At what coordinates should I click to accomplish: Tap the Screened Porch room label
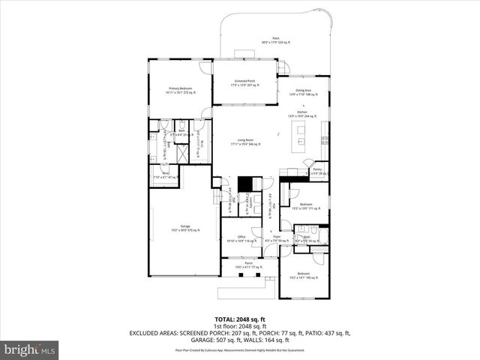coord(246,82)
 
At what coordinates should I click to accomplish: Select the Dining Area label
coord(303,91)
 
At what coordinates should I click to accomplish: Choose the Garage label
coord(184,227)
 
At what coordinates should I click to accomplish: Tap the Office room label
coord(242,238)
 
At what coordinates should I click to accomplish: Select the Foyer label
coord(277,238)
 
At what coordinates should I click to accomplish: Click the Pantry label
coord(317,171)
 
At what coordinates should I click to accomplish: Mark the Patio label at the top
coord(265,40)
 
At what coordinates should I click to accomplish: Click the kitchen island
coord(301,136)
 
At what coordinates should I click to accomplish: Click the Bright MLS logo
coord(30,349)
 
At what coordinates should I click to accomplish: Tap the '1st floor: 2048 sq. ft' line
coord(241,327)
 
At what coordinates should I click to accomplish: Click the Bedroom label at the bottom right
coord(303,275)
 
